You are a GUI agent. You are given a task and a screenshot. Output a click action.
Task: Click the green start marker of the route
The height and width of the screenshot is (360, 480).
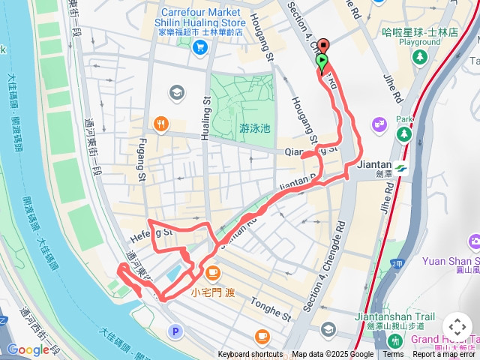[x=322, y=62]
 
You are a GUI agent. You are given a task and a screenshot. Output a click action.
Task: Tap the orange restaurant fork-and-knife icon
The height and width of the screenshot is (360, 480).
[x=160, y=124]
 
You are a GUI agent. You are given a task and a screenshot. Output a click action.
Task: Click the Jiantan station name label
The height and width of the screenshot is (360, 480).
[x=374, y=165]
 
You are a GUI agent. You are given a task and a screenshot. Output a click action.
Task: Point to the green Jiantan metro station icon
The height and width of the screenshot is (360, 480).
[x=401, y=168]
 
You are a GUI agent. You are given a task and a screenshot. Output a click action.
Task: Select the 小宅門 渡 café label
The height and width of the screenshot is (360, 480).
[x=213, y=292]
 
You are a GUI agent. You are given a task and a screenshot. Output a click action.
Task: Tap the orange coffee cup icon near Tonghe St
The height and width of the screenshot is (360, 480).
[x=262, y=335]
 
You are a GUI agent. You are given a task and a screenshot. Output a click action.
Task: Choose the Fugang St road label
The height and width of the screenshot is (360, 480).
[x=140, y=160]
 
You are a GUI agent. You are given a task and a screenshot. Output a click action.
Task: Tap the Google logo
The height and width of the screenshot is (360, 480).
[x=28, y=349]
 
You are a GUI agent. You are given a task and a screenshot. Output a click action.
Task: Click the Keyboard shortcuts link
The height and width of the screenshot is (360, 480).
[x=251, y=355]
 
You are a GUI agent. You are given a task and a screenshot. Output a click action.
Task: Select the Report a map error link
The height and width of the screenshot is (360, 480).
[x=445, y=355]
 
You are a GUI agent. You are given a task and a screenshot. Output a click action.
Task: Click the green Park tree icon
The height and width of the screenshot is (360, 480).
[x=404, y=133]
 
